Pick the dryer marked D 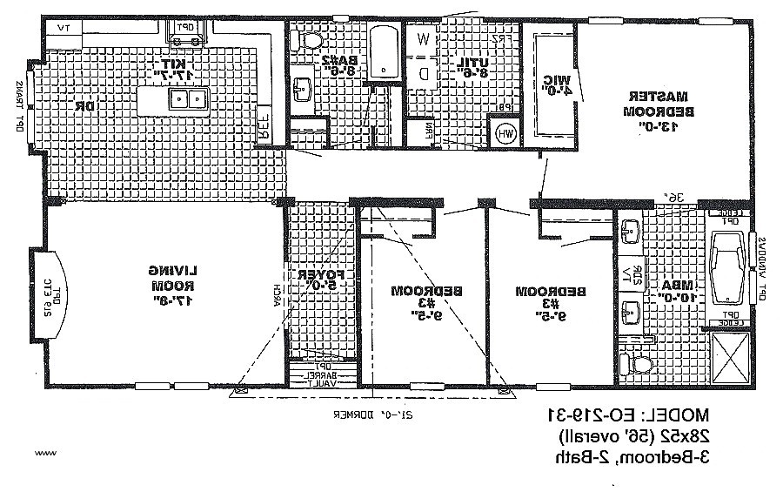[423, 74]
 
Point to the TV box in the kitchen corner [62, 28]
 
